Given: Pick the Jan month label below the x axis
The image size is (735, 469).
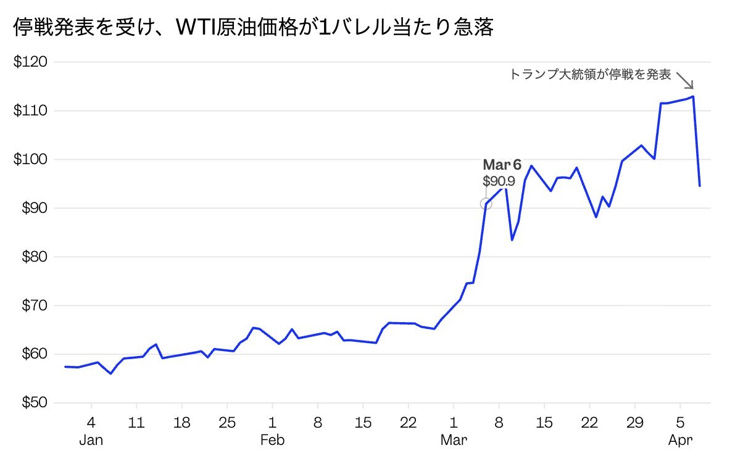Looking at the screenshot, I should [91, 441].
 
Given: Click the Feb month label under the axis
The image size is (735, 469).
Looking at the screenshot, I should [272, 441].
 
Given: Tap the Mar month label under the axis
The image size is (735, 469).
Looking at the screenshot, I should [454, 441].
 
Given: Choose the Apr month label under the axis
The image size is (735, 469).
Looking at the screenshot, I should [680, 441].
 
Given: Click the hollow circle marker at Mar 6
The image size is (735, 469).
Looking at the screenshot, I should [486, 204].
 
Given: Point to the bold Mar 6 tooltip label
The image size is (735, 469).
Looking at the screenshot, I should [502, 165].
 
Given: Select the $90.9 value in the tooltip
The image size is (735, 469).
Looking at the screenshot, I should [498, 181].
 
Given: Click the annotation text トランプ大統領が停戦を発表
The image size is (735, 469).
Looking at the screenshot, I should [590, 75].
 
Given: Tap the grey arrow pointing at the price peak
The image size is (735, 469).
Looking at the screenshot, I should [685, 80].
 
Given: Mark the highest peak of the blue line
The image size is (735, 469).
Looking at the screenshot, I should [694, 96].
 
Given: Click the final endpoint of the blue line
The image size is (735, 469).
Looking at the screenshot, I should [699, 186].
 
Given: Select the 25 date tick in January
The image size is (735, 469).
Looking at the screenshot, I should [227, 424].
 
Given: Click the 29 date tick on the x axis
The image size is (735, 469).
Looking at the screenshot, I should [635, 424].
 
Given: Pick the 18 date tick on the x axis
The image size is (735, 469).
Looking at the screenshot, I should [181, 424].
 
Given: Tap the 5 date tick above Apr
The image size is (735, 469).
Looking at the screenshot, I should [680, 424].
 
